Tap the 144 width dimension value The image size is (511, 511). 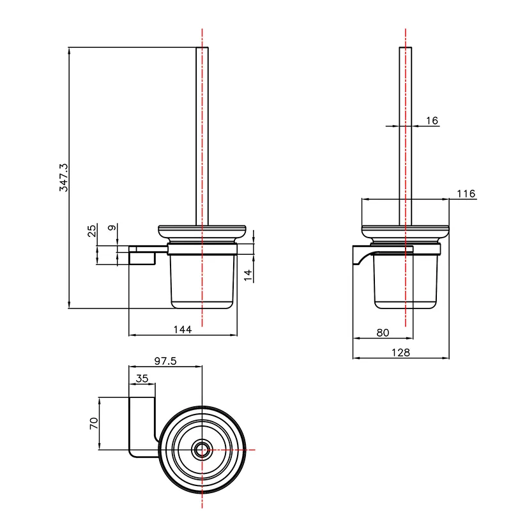click(183, 330)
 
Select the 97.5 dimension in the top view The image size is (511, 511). click(165, 361)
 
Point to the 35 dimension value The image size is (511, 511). click(142, 378)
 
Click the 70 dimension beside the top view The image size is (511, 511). click(93, 423)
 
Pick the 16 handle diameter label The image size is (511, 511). click(432, 121)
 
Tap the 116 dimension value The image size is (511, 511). click(466, 194)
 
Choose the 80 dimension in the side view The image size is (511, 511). click(383, 332)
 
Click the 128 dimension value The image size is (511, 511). click(400, 352)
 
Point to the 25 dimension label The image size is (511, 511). click(92, 229)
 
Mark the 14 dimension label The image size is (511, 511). click(248, 275)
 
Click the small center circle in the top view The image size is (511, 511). click(202, 449)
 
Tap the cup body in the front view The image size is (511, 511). click(202, 281)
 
